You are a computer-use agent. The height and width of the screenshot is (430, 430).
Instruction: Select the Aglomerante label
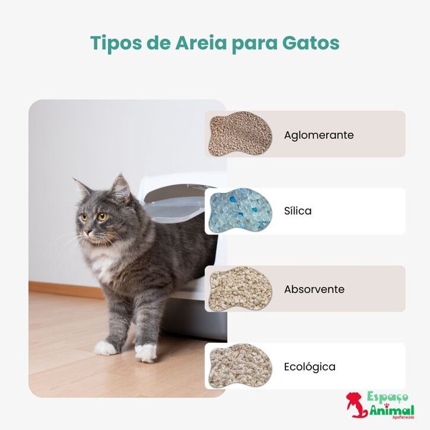(318, 135)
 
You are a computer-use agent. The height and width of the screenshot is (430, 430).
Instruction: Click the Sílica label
(297, 211)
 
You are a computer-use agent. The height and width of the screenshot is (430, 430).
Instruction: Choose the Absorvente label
(314, 289)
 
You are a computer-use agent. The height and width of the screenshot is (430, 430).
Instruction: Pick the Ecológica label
(309, 367)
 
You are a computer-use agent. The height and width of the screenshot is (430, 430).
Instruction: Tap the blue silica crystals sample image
(240, 211)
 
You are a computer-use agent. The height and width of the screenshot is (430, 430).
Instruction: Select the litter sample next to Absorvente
(240, 289)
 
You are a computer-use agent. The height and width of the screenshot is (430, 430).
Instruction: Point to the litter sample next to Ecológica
(240, 367)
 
